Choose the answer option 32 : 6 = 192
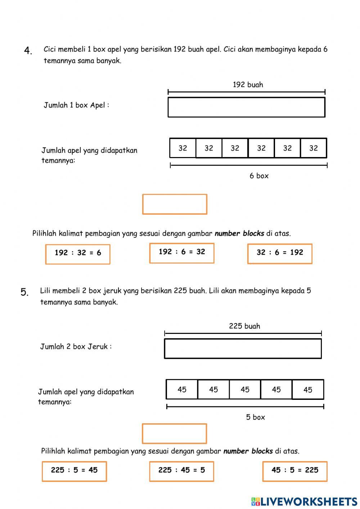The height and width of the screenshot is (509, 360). pyautogui.click(x=280, y=253)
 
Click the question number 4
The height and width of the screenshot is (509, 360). pyautogui.click(x=28, y=51)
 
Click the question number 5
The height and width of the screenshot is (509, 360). pyautogui.click(x=24, y=292)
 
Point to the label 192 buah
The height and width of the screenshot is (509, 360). pyautogui.click(x=248, y=85)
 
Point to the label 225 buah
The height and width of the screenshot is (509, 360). pyautogui.click(x=244, y=326)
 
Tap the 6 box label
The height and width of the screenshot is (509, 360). pyautogui.click(x=259, y=176)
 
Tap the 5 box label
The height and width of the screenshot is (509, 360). pyautogui.click(x=256, y=417)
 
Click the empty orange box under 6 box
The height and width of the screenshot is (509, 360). pyautogui.click(x=175, y=204)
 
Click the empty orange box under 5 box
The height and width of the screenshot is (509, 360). pyautogui.click(x=174, y=433)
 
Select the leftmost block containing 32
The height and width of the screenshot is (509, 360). pyautogui.click(x=183, y=148)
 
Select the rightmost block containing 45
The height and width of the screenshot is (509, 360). pyautogui.click(x=308, y=389)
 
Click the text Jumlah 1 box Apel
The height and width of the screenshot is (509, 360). pyautogui.click(x=76, y=105)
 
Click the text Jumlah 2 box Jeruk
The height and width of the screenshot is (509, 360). pyautogui.click(x=76, y=347)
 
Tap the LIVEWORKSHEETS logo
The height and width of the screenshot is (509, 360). pyautogui.click(x=304, y=501)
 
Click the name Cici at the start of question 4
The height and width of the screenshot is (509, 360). pyautogui.click(x=50, y=49)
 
